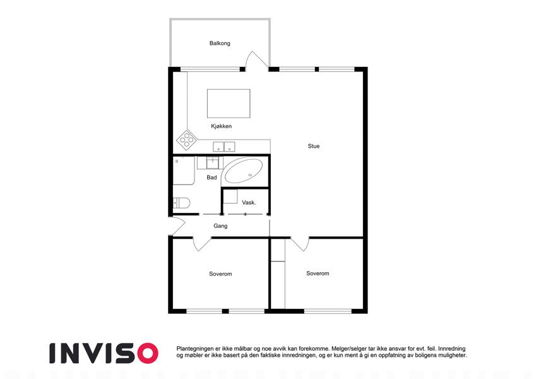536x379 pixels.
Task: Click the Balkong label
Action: coord(220,43)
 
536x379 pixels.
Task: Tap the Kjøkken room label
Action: coord(221,126)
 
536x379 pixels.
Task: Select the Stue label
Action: coord(314,146)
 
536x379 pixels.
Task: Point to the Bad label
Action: coord(211,177)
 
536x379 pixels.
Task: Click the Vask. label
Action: coord(249,203)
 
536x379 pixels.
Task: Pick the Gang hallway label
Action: coord(220,226)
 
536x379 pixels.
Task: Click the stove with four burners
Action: coord(187,140)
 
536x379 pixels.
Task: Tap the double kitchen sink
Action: coord(224,147)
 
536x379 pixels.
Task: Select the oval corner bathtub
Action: coord(244,171)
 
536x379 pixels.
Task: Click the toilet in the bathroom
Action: coord(181,203)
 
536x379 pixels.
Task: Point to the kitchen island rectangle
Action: coord(229,104)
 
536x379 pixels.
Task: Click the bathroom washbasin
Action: coord(213,163)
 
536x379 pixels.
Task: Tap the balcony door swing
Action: coord(257,59)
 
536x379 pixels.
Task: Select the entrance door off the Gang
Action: coord(177,226)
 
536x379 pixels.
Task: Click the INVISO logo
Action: coord(104,353)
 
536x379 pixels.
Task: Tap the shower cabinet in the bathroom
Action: coord(184,171)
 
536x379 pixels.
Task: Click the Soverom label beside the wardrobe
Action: coord(318,274)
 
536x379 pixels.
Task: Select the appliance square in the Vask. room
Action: coord(230,196)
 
